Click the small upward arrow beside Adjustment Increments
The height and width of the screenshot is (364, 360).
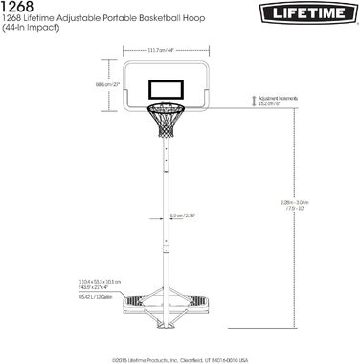[252, 99]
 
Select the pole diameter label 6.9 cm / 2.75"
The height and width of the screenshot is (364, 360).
[182, 216]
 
